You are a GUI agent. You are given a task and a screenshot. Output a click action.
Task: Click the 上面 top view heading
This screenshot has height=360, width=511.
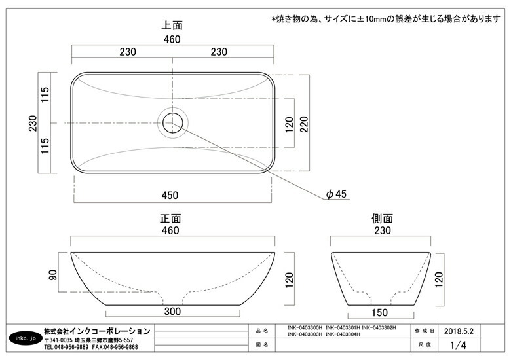click(172, 25)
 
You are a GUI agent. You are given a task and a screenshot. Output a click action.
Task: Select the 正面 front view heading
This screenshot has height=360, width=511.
click(170, 219)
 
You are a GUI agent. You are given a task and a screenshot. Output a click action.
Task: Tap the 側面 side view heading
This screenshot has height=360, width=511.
click(382, 219)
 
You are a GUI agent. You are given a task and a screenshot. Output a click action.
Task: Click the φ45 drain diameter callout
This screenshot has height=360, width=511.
click(336, 194)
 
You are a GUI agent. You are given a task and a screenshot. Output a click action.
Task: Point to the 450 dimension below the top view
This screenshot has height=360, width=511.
click(170, 195)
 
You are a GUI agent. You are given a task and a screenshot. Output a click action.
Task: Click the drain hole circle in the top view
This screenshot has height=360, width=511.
click(173, 122)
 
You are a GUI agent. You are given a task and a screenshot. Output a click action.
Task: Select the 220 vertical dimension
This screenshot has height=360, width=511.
click(304, 124)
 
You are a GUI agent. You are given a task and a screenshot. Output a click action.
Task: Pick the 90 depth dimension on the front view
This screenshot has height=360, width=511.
click(53, 275)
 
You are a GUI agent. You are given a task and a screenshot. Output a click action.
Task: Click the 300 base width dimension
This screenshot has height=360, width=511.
click(172, 311)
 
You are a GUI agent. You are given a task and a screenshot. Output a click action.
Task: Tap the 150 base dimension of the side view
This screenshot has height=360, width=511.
click(380, 313)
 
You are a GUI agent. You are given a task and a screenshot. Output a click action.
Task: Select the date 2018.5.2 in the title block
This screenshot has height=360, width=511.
click(459, 331)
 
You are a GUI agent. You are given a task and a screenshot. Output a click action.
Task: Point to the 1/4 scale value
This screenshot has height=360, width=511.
click(458, 345)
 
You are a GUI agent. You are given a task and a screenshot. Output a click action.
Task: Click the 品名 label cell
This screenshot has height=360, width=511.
click(262, 331)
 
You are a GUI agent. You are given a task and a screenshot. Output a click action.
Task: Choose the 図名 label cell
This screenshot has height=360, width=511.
click(262, 345)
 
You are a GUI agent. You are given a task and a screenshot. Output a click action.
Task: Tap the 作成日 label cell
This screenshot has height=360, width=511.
click(425, 331)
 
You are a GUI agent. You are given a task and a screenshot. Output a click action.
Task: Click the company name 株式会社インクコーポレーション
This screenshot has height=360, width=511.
click(97, 331)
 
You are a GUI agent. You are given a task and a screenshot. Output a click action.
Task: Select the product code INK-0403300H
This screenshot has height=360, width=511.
click(305, 328)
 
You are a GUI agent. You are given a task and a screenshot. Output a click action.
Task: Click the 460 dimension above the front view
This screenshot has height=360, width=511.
click(170, 230)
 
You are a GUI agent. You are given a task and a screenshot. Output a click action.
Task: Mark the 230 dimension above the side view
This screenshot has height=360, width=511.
click(383, 230)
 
